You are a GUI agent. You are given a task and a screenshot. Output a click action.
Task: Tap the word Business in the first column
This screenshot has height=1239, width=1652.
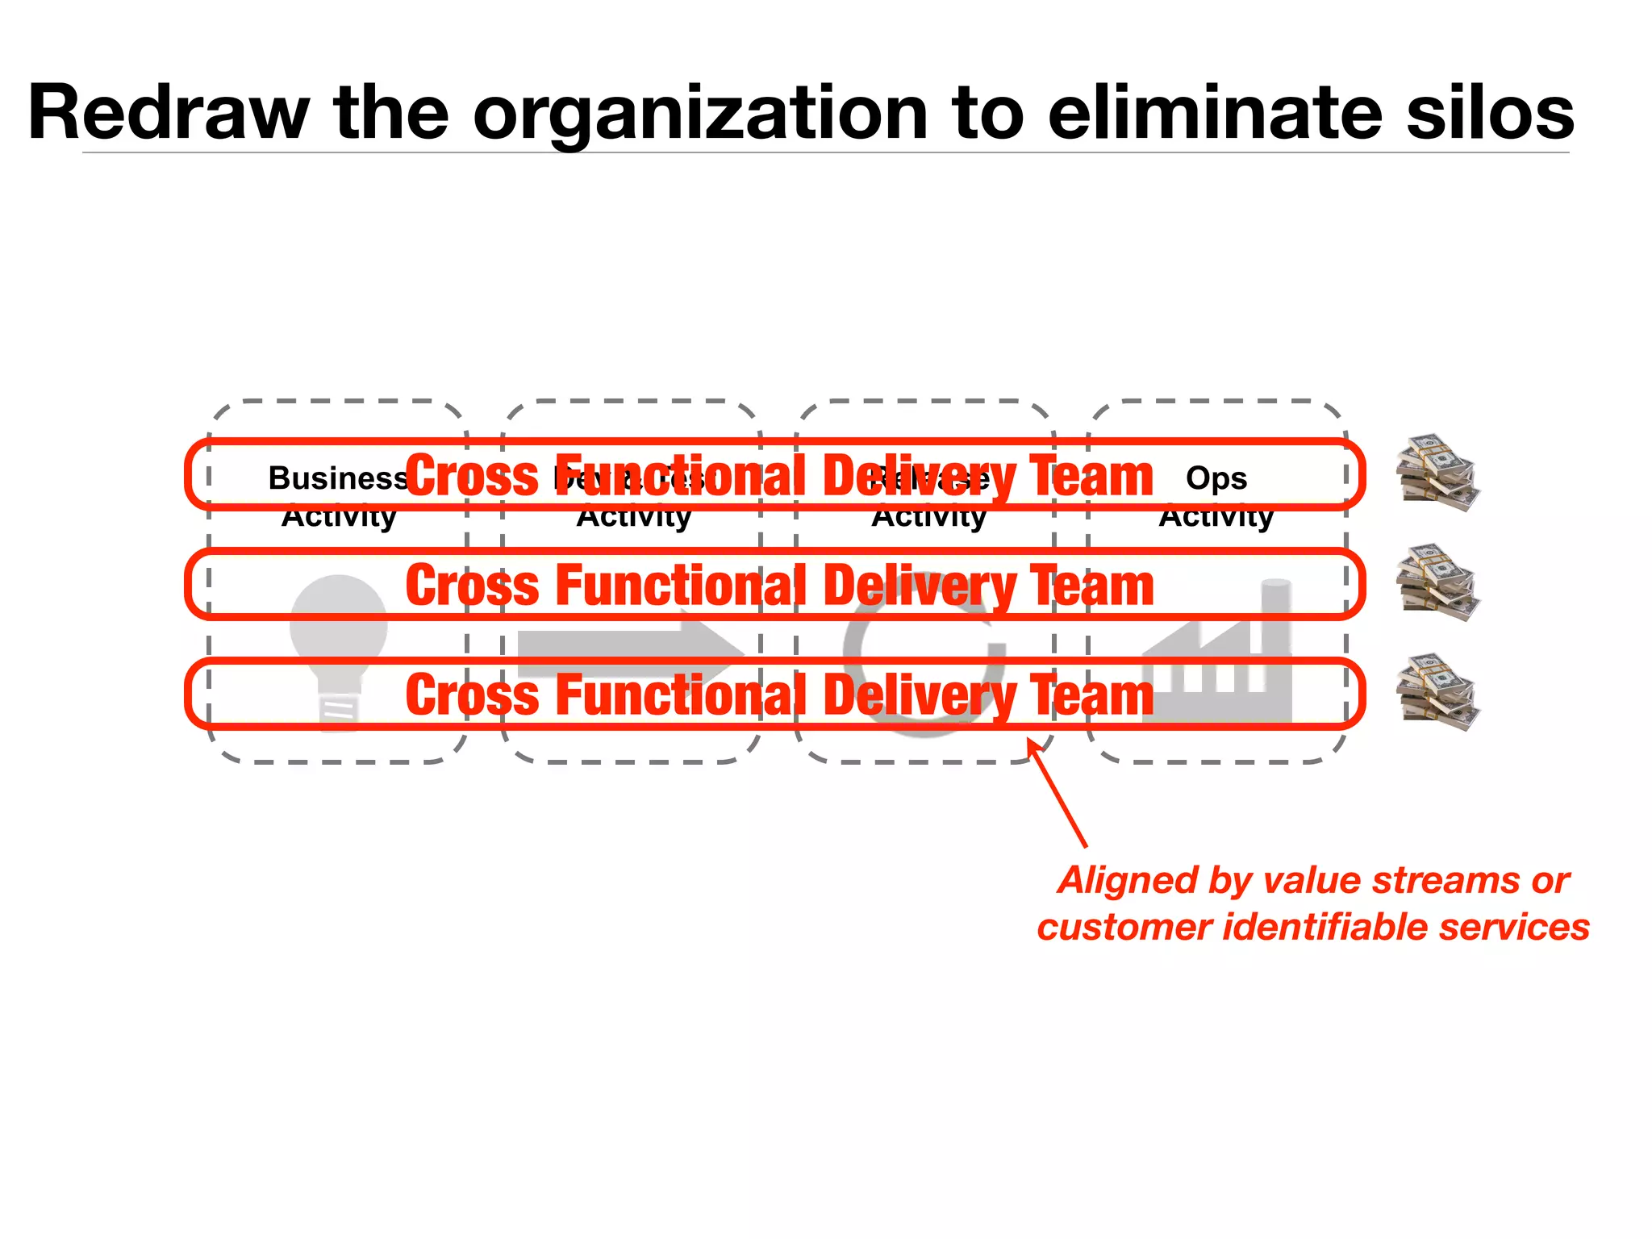[337, 478]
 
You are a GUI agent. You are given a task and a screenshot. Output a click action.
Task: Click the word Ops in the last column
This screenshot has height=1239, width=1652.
[1216, 478]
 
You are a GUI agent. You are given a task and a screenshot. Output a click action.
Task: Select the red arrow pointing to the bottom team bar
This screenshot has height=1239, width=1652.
[1058, 795]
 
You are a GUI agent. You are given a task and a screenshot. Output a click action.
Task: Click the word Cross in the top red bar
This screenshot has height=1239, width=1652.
[471, 476]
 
